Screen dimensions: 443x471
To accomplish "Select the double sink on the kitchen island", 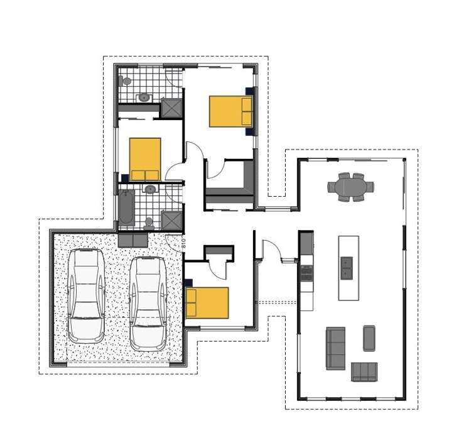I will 346,268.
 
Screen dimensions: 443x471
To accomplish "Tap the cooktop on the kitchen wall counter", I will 307,273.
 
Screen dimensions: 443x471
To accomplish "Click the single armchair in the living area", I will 369,338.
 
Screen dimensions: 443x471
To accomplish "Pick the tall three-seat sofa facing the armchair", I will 335,348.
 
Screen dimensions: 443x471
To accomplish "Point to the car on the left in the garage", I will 86,295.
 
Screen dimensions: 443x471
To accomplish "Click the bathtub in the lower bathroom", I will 126,207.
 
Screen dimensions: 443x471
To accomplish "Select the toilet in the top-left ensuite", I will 126,81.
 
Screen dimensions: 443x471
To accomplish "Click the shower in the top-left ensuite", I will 171,108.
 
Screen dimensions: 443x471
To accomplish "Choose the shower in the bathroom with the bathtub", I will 171,221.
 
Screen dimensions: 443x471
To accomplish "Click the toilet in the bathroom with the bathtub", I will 148,223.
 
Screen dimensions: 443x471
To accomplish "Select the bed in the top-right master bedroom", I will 230,111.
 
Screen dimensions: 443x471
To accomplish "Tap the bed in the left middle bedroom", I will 145,159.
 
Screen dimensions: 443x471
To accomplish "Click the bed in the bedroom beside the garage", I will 207,303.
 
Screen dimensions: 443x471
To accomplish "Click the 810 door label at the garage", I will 183,241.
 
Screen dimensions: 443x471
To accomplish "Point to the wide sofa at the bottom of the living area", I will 364,372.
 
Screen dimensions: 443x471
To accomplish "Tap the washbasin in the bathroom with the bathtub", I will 150,189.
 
